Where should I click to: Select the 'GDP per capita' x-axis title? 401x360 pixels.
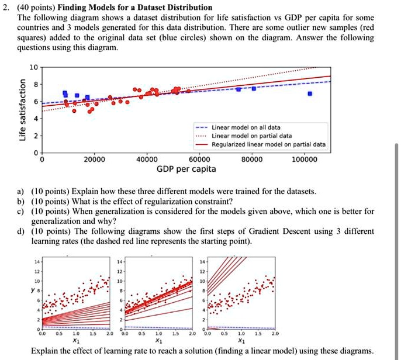pos(186,169)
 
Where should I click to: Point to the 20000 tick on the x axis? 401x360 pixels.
pos(94,159)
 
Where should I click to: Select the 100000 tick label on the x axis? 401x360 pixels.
pos(305,159)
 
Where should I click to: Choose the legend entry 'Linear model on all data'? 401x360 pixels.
pos(246,127)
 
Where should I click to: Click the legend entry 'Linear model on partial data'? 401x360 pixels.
pos(249,136)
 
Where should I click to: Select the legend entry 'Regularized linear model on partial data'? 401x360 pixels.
pos(268,144)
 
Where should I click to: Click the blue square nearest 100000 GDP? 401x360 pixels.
pos(310,94)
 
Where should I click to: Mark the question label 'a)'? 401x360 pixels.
pos(20,192)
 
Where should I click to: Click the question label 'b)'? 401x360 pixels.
pos(20,202)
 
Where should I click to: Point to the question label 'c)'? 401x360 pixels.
pos(20,212)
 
